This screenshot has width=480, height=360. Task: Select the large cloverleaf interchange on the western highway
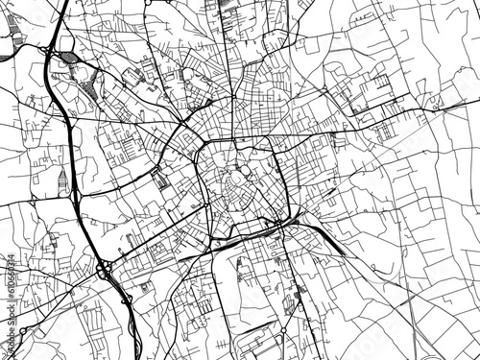[103, 269]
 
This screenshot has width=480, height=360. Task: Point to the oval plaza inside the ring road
[236, 180]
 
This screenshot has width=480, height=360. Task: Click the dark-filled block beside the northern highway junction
[71, 59]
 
